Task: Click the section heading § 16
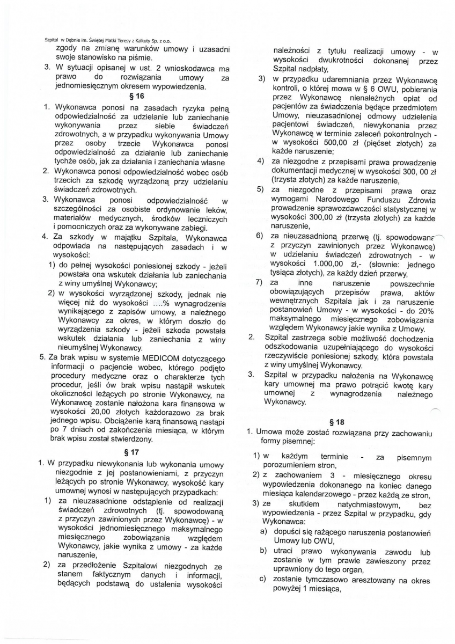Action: (x=137, y=97)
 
